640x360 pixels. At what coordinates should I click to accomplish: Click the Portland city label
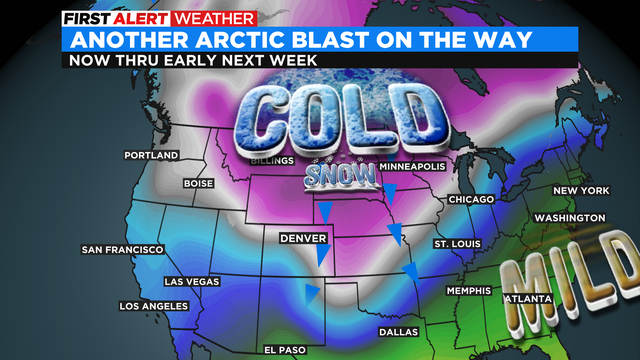pyautogui.click(x=151, y=156)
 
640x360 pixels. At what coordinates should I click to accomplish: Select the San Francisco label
pyautogui.click(x=122, y=249)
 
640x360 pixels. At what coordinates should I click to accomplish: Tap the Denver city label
pyautogui.click(x=301, y=239)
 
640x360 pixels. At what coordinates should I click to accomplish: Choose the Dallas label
pyautogui.click(x=399, y=332)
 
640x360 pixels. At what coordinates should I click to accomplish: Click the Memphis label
pyautogui.click(x=468, y=291)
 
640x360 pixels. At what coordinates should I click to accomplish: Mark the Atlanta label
pyautogui.click(x=527, y=299)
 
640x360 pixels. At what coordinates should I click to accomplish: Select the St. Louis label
pyautogui.click(x=457, y=244)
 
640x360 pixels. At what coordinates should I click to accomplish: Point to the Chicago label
pyautogui.click(x=471, y=200)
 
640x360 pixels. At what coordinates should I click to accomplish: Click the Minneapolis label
pyautogui.click(x=410, y=166)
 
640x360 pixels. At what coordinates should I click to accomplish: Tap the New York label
pyautogui.click(x=581, y=191)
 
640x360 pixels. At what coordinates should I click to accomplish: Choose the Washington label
pyautogui.click(x=569, y=218)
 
